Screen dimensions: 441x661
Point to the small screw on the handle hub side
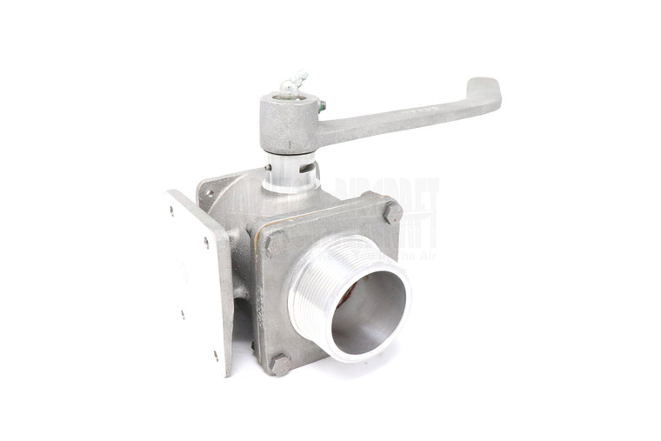[x=322, y=106]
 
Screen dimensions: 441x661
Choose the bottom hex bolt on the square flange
[x=279, y=364]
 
